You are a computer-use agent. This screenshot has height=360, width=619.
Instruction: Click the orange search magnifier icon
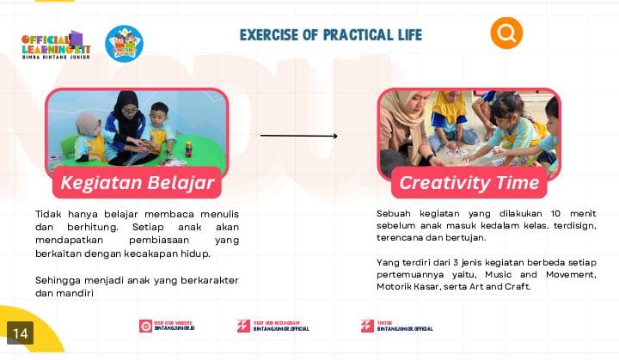click(x=506, y=34)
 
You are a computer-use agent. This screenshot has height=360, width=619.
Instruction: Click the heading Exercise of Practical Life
click(x=330, y=35)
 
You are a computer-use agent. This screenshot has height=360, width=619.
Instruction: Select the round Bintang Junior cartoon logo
click(x=124, y=44)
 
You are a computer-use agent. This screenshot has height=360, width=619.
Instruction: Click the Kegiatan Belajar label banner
click(x=137, y=183)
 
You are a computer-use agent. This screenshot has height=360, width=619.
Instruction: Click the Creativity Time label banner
click(x=469, y=183)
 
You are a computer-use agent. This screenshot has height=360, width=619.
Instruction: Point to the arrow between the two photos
click(x=298, y=136)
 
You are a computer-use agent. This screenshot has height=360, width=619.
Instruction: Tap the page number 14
click(x=20, y=333)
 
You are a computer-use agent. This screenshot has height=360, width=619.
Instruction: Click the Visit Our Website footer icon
click(x=146, y=326)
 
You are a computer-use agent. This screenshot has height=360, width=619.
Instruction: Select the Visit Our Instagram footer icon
click(x=244, y=326)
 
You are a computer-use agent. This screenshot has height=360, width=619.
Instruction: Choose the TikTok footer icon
click(x=367, y=326)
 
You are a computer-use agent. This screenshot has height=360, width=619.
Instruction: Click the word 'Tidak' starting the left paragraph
click(x=49, y=214)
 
